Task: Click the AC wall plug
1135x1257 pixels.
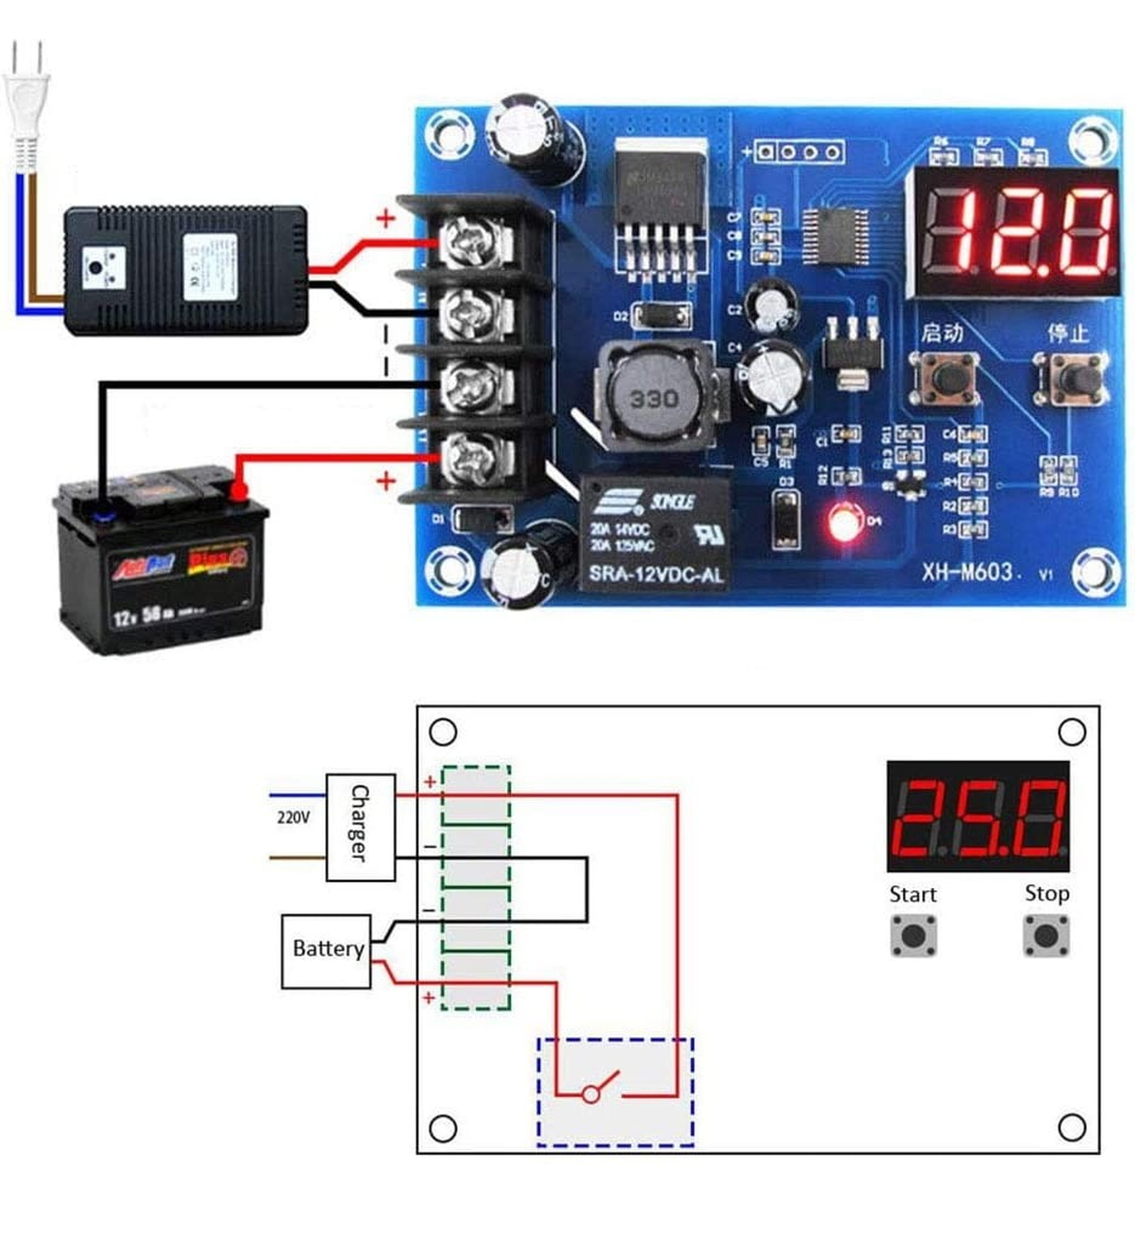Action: [26, 106]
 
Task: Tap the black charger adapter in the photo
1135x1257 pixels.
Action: [186, 270]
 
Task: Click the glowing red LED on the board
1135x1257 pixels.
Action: [844, 524]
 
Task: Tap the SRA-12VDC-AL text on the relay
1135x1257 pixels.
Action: [656, 574]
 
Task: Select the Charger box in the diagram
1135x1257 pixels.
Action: [360, 828]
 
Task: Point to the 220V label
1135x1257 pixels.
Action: [293, 817]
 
